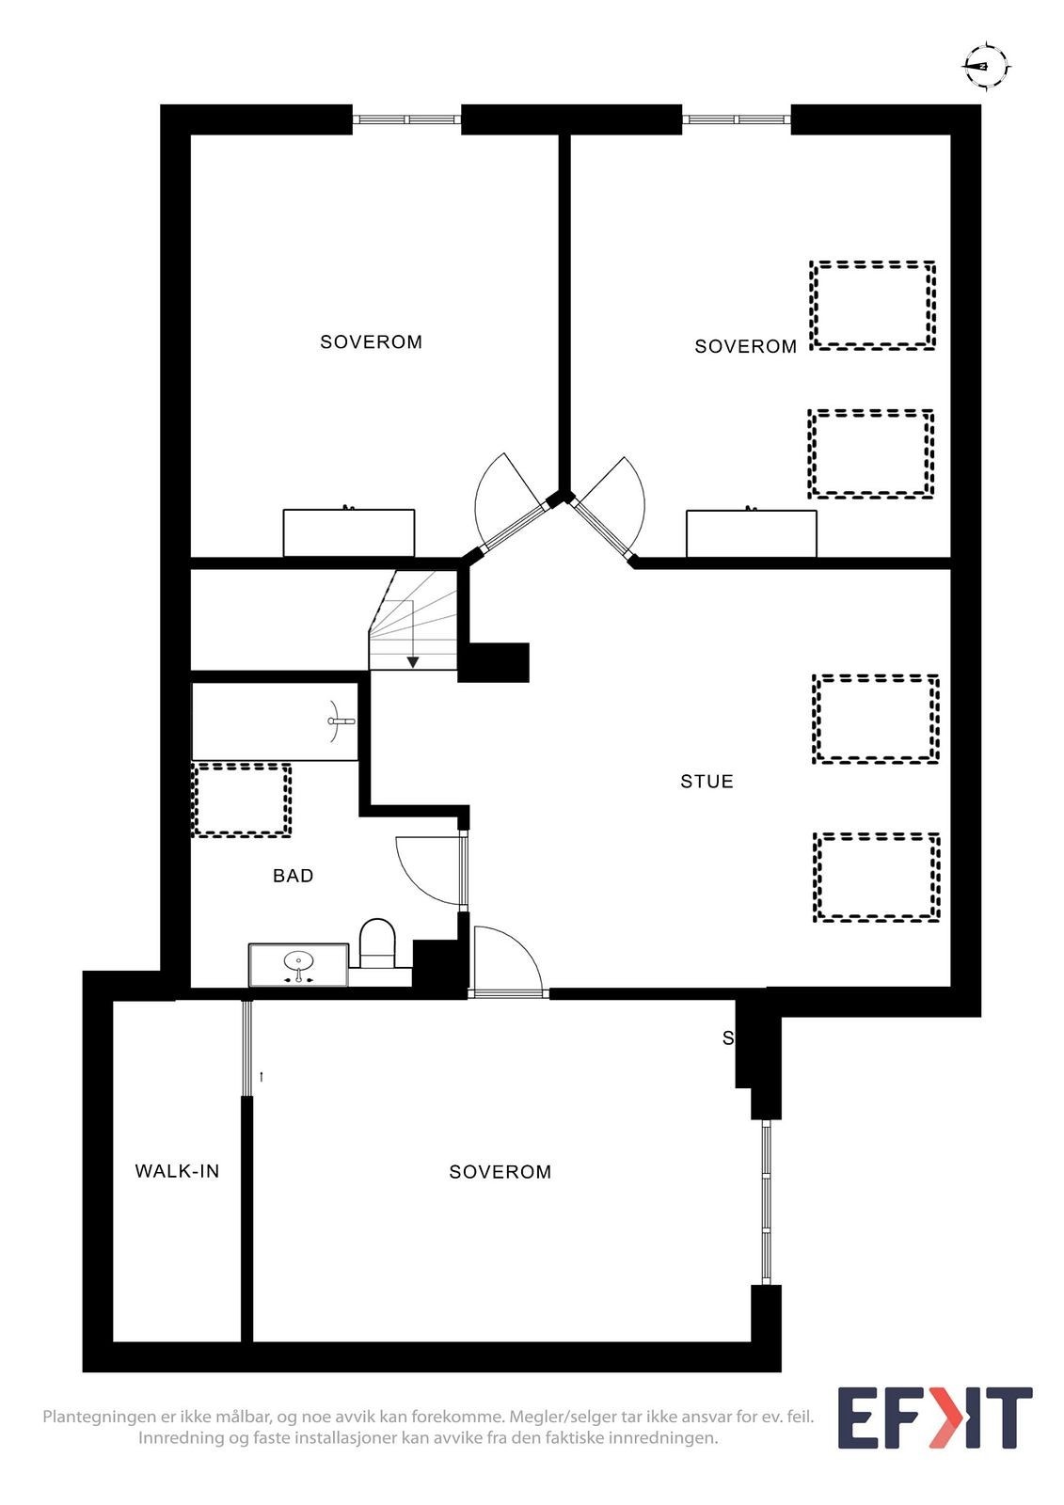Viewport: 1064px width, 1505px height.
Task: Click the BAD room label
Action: (x=293, y=876)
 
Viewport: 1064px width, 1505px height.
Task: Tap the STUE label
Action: (x=707, y=782)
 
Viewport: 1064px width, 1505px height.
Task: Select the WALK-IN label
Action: (x=177, y=1171)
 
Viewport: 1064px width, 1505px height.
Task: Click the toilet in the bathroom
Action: (x=377, y=943)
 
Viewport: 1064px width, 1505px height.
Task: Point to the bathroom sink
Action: (x=298, y=964)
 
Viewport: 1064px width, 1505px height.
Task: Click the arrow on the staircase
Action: (x=413, y=661)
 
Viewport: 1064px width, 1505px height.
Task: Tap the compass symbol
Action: (x=984, y=66)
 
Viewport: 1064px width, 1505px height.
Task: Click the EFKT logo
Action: (x=934, y=1418)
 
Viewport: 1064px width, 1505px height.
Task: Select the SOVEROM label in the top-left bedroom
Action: (x=371, y=342)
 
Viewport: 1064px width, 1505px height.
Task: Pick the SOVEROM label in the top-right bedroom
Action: (x=745, y=347)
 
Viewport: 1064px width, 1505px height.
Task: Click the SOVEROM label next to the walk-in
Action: (x=500, y=1172)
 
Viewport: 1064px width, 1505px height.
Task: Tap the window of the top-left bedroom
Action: (x=406, y=119)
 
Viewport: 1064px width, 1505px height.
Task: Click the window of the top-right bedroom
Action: (x=736, y=119)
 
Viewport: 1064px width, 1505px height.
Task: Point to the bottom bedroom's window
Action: (x=766, y=1201)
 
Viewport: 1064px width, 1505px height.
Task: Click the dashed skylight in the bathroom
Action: (x=241, y=800)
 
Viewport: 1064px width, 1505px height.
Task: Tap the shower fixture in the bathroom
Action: (x=340, y=721)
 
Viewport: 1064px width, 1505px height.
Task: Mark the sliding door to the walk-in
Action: (x=247, y=1048)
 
